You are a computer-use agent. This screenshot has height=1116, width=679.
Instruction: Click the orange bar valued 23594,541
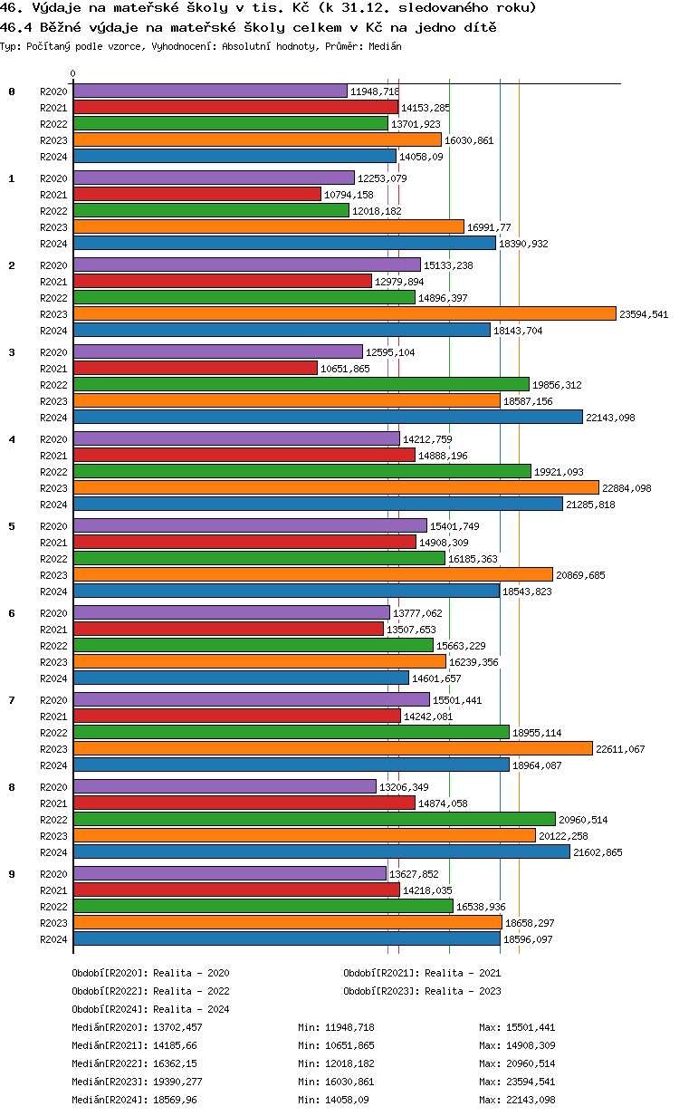(344, 314)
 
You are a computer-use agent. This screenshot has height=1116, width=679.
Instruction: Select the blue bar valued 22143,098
(328, 417)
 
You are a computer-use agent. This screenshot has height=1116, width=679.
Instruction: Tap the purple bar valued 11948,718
(210, 91)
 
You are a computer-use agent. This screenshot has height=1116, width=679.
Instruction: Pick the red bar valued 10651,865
(196, 368)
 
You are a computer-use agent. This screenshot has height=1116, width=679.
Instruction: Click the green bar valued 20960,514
(314, 819)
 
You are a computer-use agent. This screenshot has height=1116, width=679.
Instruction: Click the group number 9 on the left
(12, 874)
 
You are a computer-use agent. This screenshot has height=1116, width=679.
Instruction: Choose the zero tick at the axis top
(73, 74)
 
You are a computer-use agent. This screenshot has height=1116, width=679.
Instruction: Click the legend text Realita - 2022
(191, 991)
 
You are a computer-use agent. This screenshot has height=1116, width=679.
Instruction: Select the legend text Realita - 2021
(463, 973)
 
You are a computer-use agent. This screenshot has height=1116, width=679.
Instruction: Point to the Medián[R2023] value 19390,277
(177, 1082)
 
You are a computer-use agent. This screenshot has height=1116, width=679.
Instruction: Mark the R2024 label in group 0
(53, 157)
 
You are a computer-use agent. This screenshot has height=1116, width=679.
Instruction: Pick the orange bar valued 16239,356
(260, 662)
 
